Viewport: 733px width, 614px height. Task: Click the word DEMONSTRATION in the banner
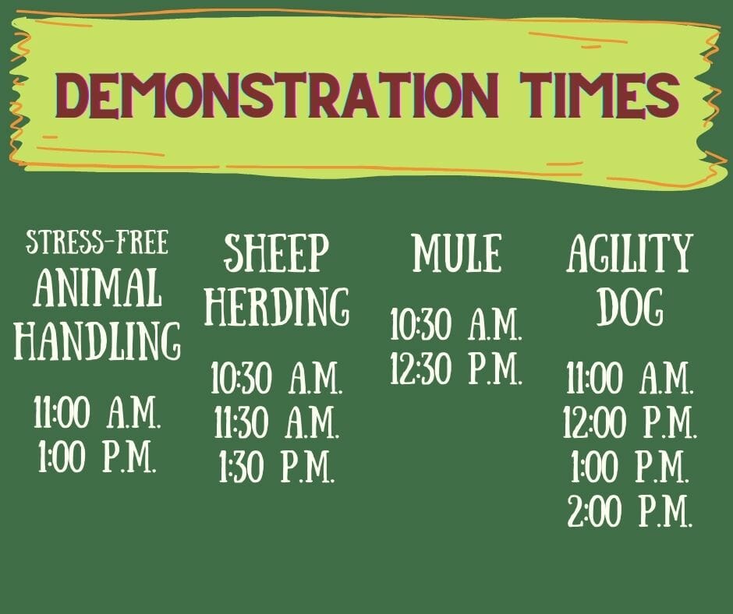coord(277,95)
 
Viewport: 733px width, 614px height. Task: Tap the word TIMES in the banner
coord(600,95)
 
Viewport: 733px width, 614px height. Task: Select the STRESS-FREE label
coord(97,242)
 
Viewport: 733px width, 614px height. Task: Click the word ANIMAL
coord(97,288)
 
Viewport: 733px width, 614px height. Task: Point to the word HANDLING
coord(97,341)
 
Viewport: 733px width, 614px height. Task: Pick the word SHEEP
coord(277,253)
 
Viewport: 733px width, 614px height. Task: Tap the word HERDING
coord(277,306)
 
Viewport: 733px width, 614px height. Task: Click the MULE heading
coord(457,253)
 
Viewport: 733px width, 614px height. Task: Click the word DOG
coord(630,306)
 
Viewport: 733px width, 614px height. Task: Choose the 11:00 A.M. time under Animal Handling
coord(97,413)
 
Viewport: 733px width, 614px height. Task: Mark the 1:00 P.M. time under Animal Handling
coord(97,456)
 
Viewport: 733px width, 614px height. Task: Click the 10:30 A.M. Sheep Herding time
coord(277,378)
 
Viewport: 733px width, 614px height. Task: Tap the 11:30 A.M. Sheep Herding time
coord(277,422)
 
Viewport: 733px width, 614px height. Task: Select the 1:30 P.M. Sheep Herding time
coord(277,466)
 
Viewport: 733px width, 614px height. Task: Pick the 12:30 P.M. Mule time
coord(456,369)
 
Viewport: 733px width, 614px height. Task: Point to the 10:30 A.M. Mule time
coord(456,324)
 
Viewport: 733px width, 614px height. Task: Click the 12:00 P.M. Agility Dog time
coord(630,422)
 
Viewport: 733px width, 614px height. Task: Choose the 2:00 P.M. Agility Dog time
coord(630,510)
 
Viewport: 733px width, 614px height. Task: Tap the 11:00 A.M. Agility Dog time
coord(630,378)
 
